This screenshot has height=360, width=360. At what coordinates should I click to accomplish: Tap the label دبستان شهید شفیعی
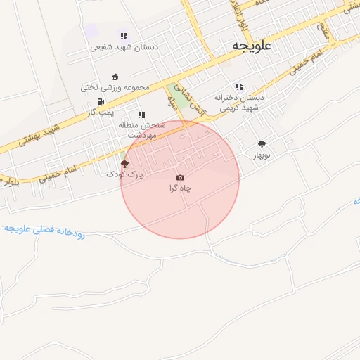coord(124,47)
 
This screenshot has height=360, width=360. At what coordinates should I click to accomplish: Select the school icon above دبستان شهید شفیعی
coord(124,36)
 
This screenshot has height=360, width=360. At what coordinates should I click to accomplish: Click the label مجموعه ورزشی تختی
coord(115,87)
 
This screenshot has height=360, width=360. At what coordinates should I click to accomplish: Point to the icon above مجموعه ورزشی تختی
coord(115,77)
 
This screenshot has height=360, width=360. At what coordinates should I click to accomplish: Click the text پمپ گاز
coord(101,112)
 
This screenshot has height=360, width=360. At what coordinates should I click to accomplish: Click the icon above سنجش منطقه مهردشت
coord(141,115)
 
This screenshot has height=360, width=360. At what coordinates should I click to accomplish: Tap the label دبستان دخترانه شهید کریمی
coord(239,103)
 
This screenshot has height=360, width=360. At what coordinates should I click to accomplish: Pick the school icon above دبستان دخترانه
coord(239,87)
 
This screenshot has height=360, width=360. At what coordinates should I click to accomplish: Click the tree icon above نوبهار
coord(262,143)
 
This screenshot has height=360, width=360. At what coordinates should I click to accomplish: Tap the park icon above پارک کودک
coord(124,163)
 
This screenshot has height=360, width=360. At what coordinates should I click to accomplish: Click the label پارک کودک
coord(124,174)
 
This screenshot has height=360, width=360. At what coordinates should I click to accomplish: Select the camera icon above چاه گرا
coord(180,177)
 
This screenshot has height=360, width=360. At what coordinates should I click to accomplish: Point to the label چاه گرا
coord(180,188)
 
